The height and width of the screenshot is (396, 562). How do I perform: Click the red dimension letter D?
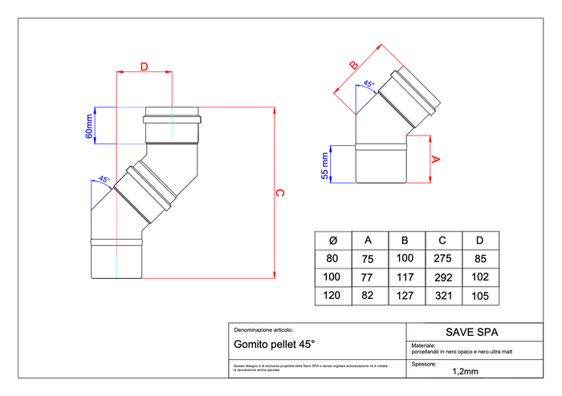[144, 67]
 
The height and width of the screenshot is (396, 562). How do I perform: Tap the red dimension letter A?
[435, 159]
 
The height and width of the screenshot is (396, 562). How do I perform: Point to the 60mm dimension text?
[90, 125]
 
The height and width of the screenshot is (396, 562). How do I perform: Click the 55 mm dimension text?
[325, 164]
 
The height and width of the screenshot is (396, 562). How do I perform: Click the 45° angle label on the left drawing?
[104, 180]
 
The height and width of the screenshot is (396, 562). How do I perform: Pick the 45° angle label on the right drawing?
[369, 83]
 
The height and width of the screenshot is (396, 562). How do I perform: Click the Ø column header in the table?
[332, 240]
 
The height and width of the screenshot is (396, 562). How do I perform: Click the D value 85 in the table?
[480, 258]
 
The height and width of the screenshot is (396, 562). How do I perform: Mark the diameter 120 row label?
[332, 296]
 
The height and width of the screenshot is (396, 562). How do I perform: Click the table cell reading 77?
[369, 277]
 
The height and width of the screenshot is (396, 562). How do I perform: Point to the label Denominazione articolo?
[263, 329]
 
